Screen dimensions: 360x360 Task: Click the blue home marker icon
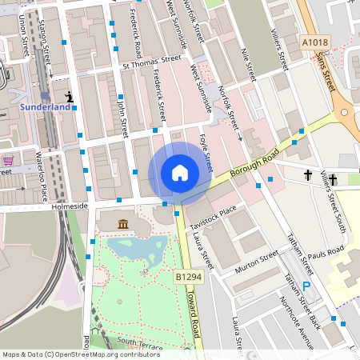pyautogui.click(x=179, y=172)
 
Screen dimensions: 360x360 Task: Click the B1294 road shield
pyautogui.click(x=188, y=275)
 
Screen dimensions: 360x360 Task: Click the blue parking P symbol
pyautogui.click(x=306, y=286)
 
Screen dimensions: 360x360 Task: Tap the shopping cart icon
pyautogui.click(x=8, y=160)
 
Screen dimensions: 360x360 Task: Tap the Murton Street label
pyautogui.click(x=256, y=265)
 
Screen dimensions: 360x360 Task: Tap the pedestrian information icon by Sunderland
pyautogui.click(x=70, y=98)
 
